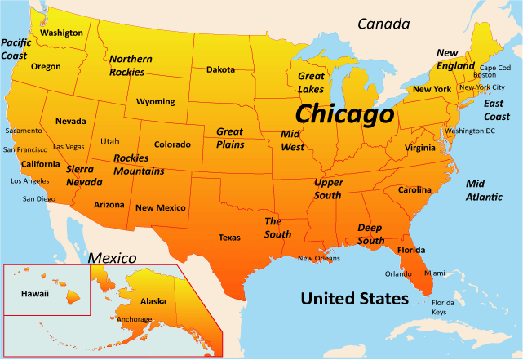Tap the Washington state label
62,33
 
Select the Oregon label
46,67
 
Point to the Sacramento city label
24,131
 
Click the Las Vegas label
69,147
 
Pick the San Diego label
39,198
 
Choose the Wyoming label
155,102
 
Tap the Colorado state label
172,144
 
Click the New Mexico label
161,208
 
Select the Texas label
229,238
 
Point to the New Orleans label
318,259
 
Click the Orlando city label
398,273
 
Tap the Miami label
435,273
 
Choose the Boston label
485,75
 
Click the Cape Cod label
494,67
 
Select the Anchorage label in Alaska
134,319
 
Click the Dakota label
220,69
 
